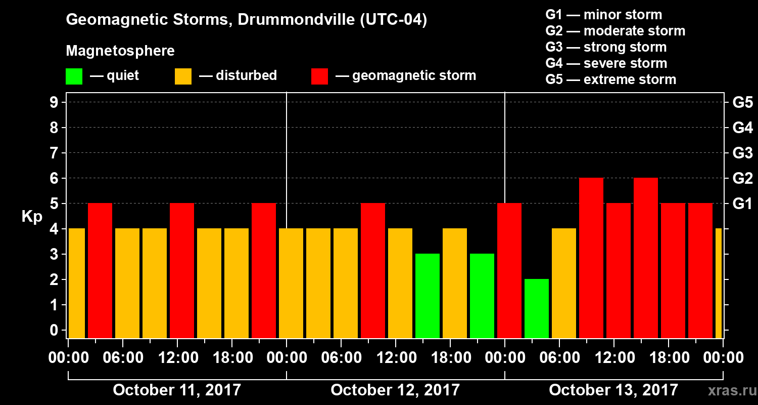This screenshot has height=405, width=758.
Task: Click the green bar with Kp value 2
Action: tap(537, 308)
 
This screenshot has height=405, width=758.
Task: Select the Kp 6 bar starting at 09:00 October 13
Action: tap(591, 258)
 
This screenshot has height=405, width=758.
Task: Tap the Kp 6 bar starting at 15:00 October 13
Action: tap(646, 258)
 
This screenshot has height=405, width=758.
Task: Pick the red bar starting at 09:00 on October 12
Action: tap(373, 270)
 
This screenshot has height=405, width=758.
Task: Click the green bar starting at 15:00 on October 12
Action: tap(428, 296)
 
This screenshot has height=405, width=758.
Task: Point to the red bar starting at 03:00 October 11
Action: tap(100, 270)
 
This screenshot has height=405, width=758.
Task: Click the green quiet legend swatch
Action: tap(74, 76)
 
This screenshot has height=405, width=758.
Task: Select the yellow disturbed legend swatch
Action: tap(183, 76)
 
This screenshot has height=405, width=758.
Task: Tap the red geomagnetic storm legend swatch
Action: tap(319, 76)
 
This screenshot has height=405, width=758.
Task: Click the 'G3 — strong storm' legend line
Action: tap(606, 47)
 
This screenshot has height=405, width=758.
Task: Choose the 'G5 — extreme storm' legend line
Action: tap(610, 79)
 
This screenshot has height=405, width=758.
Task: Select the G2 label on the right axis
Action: tap(742, 178)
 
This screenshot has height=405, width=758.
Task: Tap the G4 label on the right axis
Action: tap(742, 128)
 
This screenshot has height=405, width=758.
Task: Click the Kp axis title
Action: tap(31, 216)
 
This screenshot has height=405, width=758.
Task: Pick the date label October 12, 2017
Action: tap(395, 390)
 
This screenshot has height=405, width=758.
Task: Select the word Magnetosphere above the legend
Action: tap(120, 51)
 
